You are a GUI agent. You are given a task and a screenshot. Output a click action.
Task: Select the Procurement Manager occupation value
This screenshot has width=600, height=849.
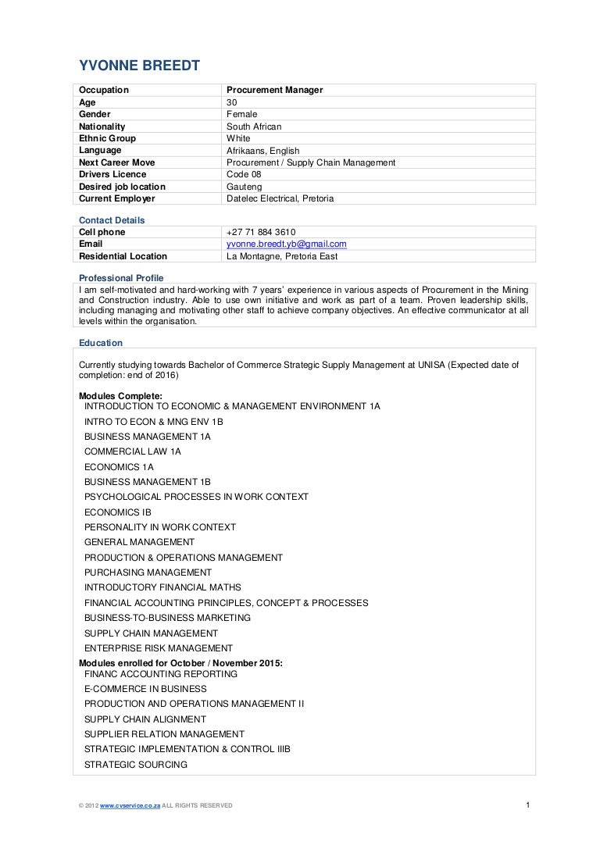pyautogui.click(x=274, y=91)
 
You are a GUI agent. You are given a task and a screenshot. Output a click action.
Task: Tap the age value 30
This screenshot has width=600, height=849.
pyautogui.click(x=232, y=102)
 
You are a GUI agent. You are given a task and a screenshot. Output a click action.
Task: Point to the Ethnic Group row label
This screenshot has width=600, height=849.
pyautogui.click(x=108, y=138)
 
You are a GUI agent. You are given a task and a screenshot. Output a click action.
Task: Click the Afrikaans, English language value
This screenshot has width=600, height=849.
pyautogui.click(x=262, y=151)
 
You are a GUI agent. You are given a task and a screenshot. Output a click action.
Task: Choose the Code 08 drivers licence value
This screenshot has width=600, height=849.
pyautogui.click(x=244, y=174)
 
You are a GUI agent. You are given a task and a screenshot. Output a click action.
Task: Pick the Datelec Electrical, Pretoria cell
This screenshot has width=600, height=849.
pyautogui.click(x=280, y=198)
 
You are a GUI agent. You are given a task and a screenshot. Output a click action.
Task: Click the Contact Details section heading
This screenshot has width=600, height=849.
pyautogui.click(x=112, y=220)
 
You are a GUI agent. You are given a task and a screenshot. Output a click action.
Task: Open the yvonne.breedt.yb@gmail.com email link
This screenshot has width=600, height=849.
pyautogui.click(x=286, y=244)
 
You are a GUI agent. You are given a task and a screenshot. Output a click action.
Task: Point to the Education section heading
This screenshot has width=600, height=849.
pyautogui.click(x=101, y=342)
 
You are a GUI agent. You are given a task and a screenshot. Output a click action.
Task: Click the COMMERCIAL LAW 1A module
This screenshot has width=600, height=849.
pyautogui.click(x=132, y=451)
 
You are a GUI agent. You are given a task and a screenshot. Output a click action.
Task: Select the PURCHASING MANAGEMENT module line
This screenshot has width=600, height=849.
pyautogui.click(x=148, y=573)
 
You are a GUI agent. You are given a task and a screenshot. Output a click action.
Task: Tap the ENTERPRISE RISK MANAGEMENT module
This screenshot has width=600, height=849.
pyautogui.click(x=159, y=648)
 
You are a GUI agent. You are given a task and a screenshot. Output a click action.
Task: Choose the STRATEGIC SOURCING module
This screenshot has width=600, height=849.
pyautogui.click(x=136, y=765)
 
